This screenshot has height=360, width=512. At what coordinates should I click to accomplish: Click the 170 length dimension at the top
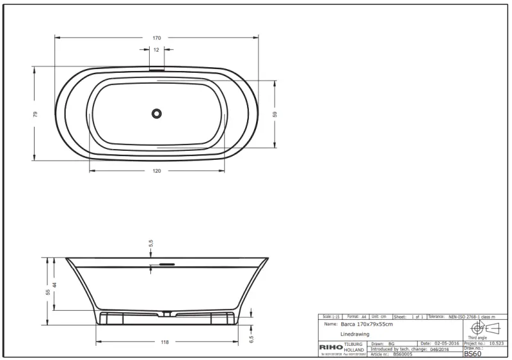(x=157, y=38)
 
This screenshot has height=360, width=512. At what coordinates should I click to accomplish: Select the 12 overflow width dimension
(x=157, y=50)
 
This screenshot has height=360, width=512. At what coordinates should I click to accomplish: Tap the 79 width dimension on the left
(x=36, y=114)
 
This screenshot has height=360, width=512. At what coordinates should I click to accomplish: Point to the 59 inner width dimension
(x=275, y=114)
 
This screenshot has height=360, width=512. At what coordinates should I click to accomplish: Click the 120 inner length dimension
(x=157, y=171)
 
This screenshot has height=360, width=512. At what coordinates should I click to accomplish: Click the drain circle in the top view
(x=157, y=113)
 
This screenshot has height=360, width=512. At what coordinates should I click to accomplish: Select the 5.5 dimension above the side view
(x=151, y=243)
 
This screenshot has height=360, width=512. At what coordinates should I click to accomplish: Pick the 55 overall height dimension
(x=47, y=291)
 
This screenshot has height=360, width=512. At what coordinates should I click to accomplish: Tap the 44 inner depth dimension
(x=55, y=284)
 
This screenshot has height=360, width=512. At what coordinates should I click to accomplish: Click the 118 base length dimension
(x=165, y=342)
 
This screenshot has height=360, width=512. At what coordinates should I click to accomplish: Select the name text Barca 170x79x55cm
(x=367, y=325)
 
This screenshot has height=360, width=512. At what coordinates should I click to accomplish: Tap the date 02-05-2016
(x=446, y=343)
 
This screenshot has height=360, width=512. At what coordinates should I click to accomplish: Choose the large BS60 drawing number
(x=472, y=354)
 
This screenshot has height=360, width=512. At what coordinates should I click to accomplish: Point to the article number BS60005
(x=402, y=354)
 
